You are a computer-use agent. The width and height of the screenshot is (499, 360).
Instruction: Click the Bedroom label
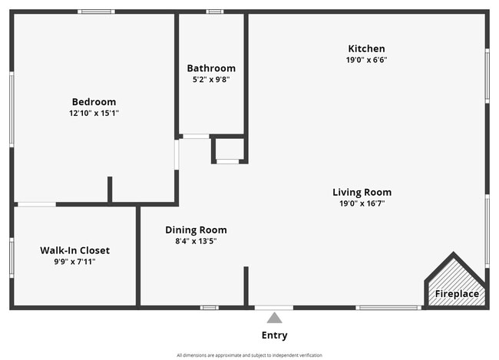(94, 102)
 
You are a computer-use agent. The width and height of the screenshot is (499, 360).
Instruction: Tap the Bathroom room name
(211, 68)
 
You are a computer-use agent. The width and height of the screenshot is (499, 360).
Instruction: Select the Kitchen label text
(365, 48)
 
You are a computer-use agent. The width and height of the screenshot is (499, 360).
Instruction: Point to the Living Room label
(362, 192)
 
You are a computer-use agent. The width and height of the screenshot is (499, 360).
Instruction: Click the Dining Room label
(196, 230)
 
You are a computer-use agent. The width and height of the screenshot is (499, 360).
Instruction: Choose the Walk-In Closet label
(74, 250)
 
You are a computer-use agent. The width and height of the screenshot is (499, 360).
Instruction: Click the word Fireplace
(457, 294)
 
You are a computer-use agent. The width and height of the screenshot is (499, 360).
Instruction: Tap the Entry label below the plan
(274, 335)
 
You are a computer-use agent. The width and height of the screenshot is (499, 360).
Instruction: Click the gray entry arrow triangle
(274, 318)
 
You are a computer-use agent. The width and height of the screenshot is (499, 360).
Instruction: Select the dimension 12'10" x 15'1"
(94, 113)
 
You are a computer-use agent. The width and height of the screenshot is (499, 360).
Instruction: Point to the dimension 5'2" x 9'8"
(211, 79)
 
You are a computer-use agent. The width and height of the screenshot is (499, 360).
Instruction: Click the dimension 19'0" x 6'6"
(365, 59)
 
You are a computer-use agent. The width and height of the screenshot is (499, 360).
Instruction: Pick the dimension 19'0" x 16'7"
(362, 203)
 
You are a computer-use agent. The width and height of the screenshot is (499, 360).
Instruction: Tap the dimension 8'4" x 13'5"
(196, 240)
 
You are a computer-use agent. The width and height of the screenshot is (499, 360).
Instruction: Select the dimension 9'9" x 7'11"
(74, 262)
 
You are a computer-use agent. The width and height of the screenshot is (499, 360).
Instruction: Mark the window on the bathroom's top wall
(215, 12)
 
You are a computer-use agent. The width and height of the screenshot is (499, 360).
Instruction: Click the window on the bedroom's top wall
(96, 12)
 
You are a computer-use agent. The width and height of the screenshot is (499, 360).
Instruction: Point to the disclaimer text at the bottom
(249, 355)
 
